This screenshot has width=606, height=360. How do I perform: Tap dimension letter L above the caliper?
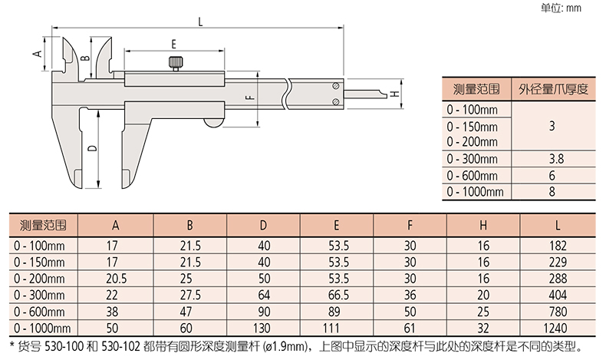[200, 21]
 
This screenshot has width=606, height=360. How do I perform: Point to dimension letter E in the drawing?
[174, 44]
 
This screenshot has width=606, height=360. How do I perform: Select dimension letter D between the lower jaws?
[92, 148]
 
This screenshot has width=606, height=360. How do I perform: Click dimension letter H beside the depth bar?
[394, 94]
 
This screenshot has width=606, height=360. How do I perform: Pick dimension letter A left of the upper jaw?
[38, 54]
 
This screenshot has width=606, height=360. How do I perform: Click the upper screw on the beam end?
[336, 86]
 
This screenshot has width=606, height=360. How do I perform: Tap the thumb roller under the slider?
[214, 124]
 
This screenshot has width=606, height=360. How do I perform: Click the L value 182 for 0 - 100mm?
[558, 246]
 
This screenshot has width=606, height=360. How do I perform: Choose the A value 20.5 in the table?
[116, 279]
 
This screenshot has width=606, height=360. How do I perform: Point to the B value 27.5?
[190, 296]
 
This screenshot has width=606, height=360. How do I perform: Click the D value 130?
[262, 329]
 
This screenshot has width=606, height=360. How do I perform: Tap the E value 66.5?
[338, 296]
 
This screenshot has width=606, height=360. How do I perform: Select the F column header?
[410, 225]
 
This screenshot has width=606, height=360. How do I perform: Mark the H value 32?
[483, 329]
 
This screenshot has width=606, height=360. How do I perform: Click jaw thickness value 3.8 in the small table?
[556, 159]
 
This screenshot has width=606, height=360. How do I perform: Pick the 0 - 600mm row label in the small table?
[472, 176]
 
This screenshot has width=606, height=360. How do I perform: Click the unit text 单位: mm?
[561, 8]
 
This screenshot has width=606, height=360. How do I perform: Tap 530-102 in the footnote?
[120, 346]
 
